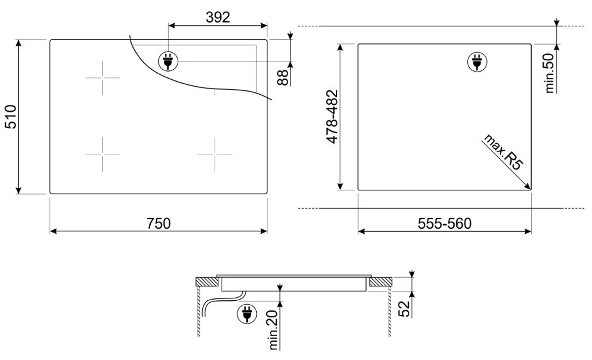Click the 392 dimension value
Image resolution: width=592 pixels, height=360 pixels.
click(218, 17)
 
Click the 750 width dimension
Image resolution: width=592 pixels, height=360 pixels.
click(159, 223)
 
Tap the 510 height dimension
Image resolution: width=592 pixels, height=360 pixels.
click(11, 117)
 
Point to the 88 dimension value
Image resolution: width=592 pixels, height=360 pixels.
click(283, 77)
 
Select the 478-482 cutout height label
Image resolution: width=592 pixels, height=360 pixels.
click(332, 116)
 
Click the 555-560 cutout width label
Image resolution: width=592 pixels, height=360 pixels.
click(444, 224)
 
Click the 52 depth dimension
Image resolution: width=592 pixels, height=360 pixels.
click(404, 308)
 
